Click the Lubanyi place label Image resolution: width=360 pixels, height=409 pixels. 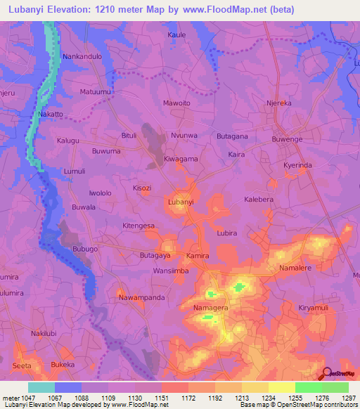[x=181, y=202]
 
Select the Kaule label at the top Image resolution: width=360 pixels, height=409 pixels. [x=176, y=34]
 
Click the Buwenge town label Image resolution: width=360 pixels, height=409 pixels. [x=288, y=139]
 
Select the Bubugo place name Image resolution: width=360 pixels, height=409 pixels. [x=85, y=249]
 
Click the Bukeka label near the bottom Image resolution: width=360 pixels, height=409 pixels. [x=63, y=365]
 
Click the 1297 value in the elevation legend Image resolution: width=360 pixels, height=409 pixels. [x=347, y=398]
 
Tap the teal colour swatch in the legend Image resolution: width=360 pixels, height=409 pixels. [x=41, y=387]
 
